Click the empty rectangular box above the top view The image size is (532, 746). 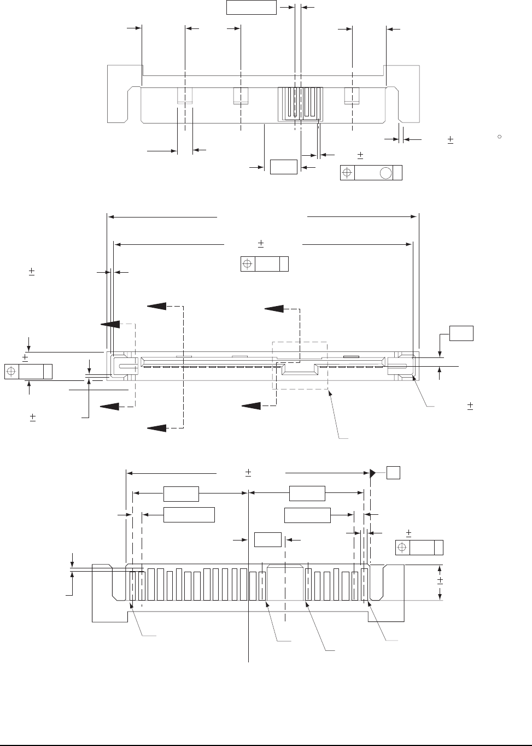(251, 8)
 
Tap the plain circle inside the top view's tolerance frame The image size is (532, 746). (385, 173)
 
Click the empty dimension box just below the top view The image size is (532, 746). (284, 167)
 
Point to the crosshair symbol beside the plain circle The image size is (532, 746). (347, 173)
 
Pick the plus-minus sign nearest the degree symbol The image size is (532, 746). (451, 140)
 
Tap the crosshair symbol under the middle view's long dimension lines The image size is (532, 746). (248, 264)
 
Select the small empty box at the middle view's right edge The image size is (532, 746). (461, 333)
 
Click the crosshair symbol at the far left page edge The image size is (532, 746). (11, 372)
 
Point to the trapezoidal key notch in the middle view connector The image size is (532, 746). (299, 370)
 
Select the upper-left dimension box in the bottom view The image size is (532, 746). (181, 494)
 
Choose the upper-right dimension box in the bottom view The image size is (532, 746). (307, 494)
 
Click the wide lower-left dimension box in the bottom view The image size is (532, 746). (189, 514)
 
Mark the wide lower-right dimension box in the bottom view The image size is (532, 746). (308, 515)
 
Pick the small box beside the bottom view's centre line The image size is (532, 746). (268, 539)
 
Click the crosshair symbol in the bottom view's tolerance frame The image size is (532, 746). (402, 548)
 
